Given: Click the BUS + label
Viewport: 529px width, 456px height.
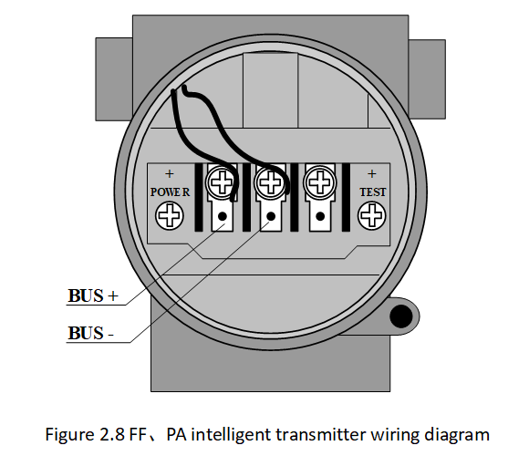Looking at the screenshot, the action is [93, 295].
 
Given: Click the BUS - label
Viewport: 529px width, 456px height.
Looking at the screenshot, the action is [91, 333].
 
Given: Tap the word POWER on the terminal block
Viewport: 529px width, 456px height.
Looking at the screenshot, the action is [170, 192].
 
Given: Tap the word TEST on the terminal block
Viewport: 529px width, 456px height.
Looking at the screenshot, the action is [372, 192].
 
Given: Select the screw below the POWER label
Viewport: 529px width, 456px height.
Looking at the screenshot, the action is [170, 216].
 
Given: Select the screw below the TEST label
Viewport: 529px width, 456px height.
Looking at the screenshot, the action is [372, 216].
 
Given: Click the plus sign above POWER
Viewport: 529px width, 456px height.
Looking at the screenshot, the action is [170, 174].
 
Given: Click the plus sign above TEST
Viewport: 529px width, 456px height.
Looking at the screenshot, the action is [372, 174].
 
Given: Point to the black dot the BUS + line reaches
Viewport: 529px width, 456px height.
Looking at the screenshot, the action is [222, 216].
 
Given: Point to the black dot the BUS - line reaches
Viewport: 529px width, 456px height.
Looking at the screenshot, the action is [271, 216].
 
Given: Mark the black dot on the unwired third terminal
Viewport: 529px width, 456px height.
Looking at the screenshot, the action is [320, 216].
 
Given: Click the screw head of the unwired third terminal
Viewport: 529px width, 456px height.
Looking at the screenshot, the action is [320, 182].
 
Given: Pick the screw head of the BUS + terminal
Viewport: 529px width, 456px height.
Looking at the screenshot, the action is [222, 182].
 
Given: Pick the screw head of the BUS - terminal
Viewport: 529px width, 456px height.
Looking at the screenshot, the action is [271, 182].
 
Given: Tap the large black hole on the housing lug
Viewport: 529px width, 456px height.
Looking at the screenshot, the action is [400, 316].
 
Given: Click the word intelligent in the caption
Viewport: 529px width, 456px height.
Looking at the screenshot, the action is [231, 435].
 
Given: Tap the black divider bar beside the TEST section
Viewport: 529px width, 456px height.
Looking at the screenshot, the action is [346, 197].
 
